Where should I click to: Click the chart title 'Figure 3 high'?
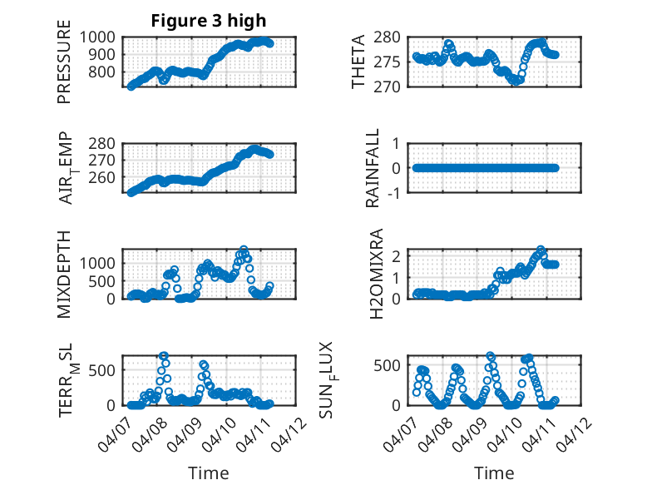pyautogui.click(x=209, y=21)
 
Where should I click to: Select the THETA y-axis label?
pyautogui.click(x=358, y=62)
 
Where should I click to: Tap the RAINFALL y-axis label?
pyautogui.click(x=373, y=168)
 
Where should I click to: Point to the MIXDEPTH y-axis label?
pyautogui.click(x=64, y=274)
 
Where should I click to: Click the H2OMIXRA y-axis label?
pyautogui.click(x=376, y=274)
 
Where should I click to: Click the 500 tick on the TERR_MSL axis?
pyautogui.click(x=106, y=369)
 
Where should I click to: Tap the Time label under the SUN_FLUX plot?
pyautogui.click(x=494, y=473)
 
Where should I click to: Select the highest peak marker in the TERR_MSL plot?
pyautogui.click(x=164, y=356)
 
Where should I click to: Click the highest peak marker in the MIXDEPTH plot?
pyautogui.click(x=244, y=250)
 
